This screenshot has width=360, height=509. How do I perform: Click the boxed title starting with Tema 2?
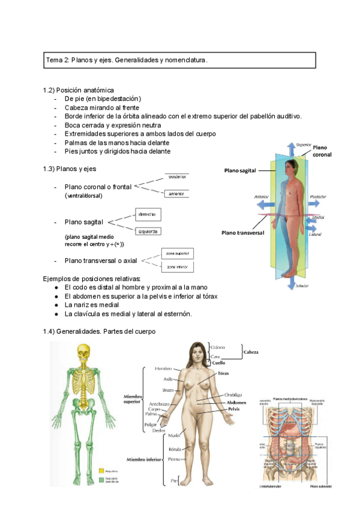180,61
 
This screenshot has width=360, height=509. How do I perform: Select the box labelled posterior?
177,177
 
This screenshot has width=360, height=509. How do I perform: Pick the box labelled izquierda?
147,231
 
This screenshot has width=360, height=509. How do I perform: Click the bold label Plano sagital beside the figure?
240,170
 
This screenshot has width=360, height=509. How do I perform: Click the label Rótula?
175,448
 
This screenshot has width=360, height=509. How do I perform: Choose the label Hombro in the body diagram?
163,368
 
